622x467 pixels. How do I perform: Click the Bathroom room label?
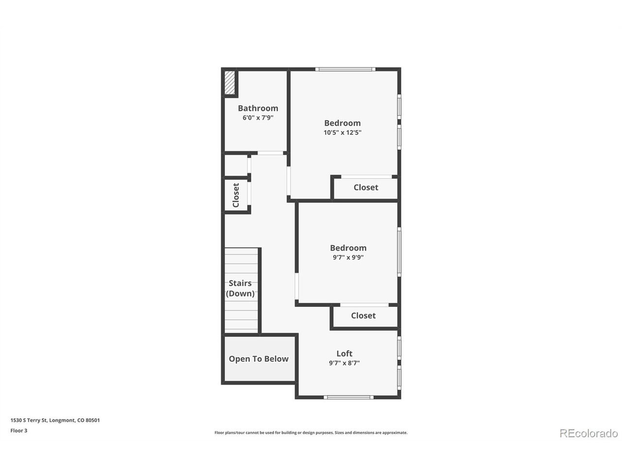coord(258,108)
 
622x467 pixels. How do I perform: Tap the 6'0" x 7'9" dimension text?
coord(258,117)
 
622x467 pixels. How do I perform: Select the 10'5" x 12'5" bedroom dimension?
coord(342,132)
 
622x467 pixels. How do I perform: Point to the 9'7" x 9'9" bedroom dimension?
coord(348,257)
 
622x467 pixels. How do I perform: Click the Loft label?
coord(345,353)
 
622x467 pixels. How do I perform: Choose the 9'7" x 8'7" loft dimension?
coord(345,363)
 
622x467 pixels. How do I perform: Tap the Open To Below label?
coord(259,359)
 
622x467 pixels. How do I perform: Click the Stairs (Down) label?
coord(240,288)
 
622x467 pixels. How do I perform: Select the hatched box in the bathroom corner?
coord(230,83)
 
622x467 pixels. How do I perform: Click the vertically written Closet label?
coord(236,195)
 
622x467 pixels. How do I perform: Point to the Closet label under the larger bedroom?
coord(366,187)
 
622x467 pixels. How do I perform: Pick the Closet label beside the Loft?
coord(363,315)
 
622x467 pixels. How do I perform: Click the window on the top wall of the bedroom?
coord(345,69)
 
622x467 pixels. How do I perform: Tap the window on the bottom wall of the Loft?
coord(348,397)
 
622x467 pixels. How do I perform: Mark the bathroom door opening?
coord(270,153)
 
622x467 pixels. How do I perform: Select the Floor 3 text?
coord(18,431)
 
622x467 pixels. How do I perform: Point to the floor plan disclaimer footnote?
coord(311,432)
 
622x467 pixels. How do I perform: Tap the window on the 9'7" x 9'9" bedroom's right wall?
coord(399,252)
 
